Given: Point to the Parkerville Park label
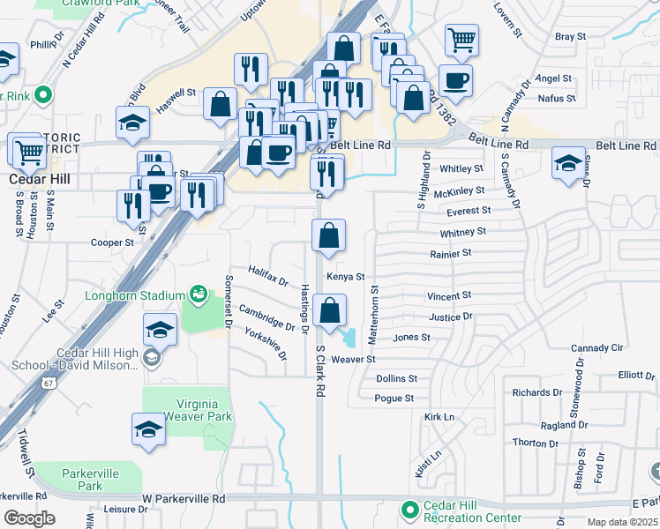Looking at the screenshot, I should (x=90, y=480).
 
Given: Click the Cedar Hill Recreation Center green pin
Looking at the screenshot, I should (x=409, y=510).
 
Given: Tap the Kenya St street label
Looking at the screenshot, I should (x=346, y=277).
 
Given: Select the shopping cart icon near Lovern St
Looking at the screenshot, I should (x=461, y=39).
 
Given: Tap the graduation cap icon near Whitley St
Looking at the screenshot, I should (x=569, y=162).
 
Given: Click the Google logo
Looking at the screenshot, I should (x=29, y=518).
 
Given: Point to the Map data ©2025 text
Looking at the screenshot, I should (x=622, y=522).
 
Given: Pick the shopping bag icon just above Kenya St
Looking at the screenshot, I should (x=328, y=235).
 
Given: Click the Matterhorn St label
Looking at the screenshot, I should (x=373, y=312).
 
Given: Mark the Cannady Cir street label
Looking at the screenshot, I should (x=597, y=348).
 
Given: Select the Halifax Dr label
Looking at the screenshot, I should (x=268, y=276).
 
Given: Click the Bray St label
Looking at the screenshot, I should (x=571, y=37).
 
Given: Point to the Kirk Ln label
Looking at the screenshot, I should (x=439, y=416).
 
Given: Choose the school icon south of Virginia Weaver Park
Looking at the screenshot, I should (x=149, y=429).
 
